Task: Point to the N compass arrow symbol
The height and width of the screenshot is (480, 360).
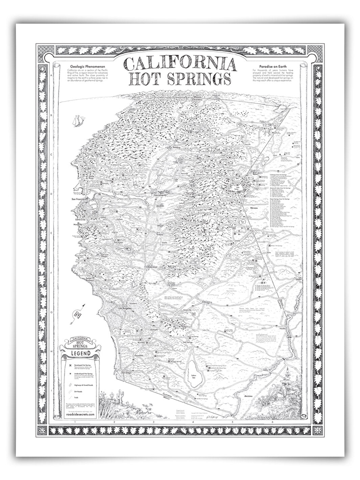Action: coord(78,314)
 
